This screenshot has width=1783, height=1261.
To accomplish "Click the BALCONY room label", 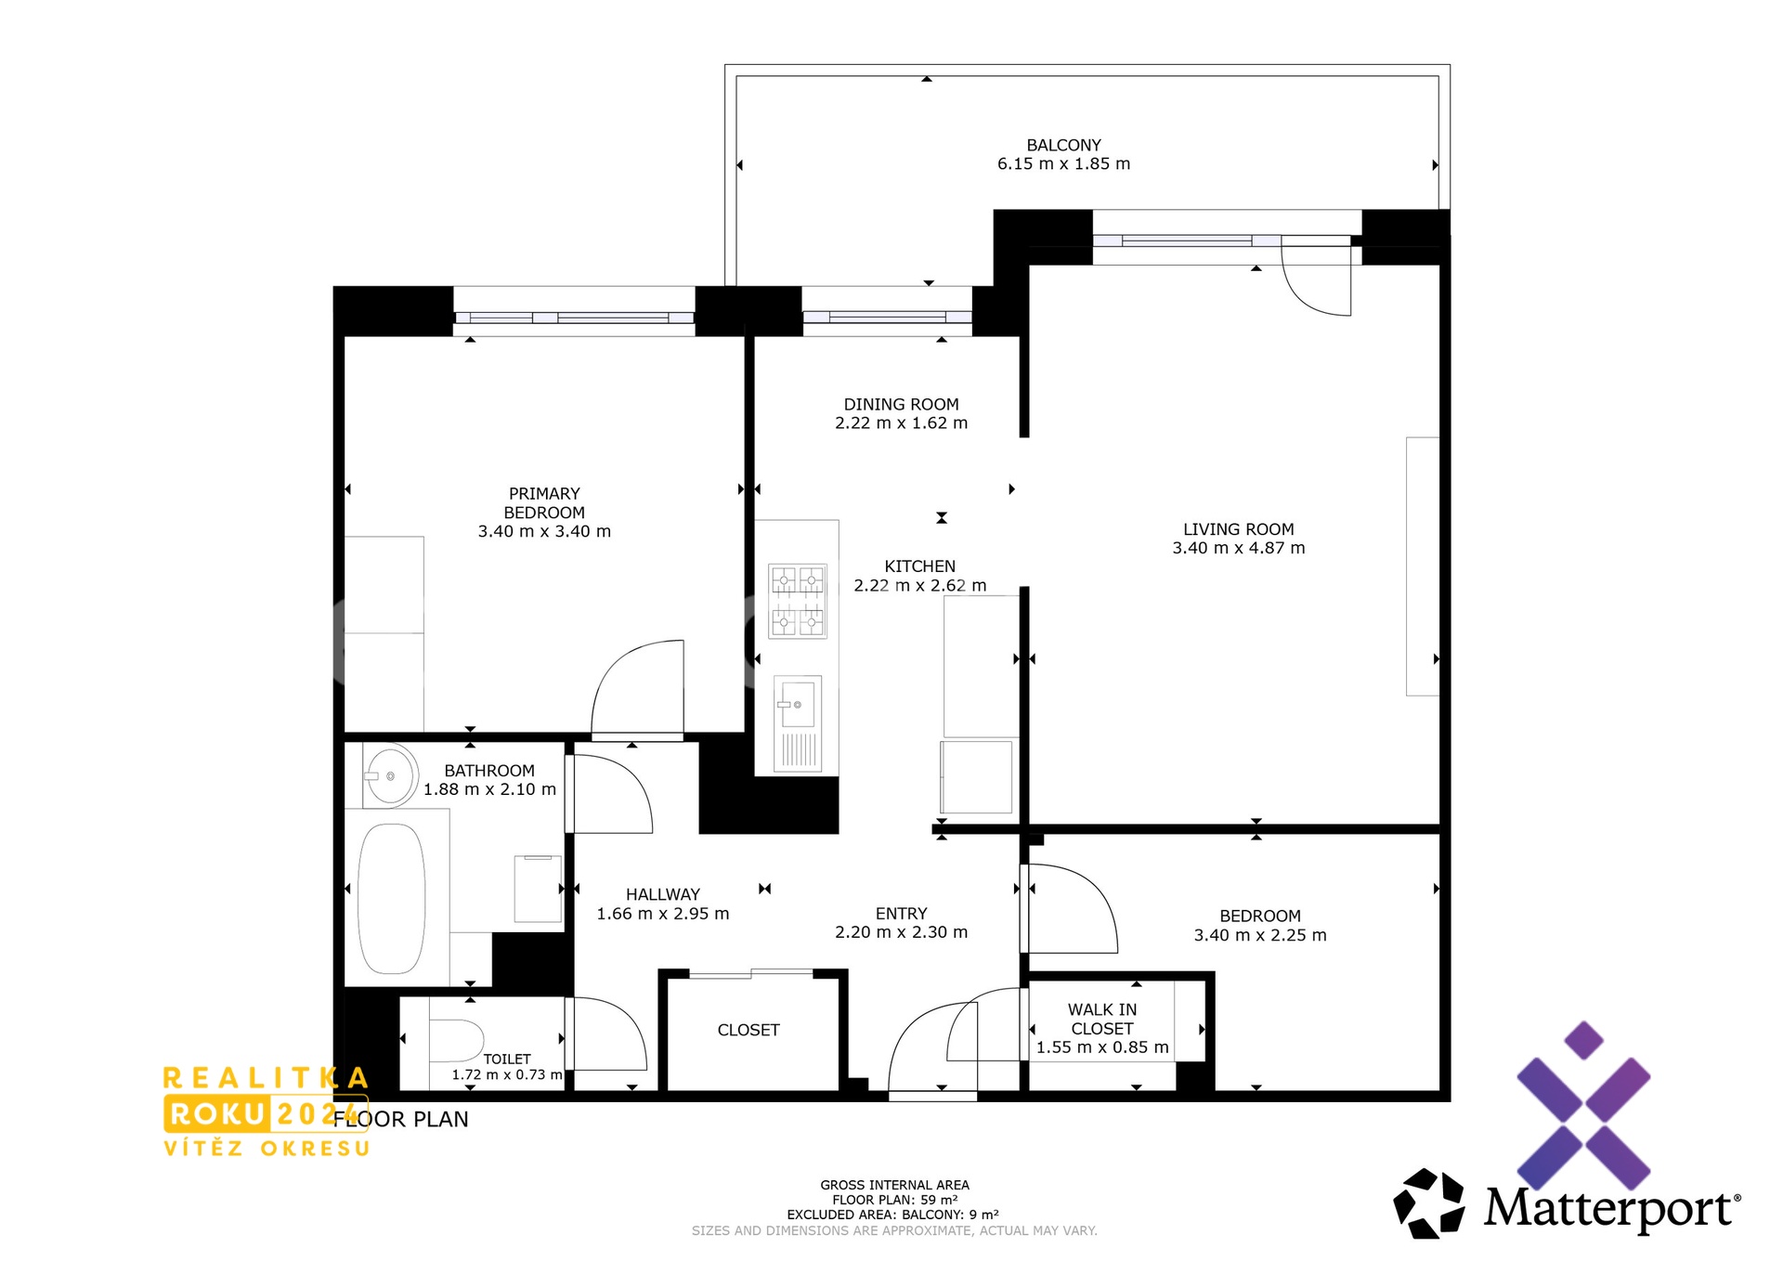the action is coord(1063,145).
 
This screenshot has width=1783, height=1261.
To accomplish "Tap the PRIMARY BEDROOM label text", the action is coord(544,503).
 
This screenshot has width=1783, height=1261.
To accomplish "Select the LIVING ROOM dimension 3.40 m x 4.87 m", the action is coord(1238,549).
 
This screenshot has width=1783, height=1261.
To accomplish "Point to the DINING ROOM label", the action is coord(901,404).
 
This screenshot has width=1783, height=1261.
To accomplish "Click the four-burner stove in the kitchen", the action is coord(798,601).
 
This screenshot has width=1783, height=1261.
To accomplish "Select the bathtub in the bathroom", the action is coord(392,898).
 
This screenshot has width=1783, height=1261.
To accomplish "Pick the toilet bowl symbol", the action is coord(456,1041).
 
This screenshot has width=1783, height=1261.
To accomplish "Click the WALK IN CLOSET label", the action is coord(1102,1019).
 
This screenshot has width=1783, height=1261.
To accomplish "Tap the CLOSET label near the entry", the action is coord(748,1030).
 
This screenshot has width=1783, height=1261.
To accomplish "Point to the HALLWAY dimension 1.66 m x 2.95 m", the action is coord(663,914).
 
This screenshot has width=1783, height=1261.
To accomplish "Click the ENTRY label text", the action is coord(901,914).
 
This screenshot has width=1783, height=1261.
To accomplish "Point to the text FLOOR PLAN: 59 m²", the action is coord(894,1200).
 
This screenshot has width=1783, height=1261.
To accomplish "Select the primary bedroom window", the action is coord(574,318).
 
